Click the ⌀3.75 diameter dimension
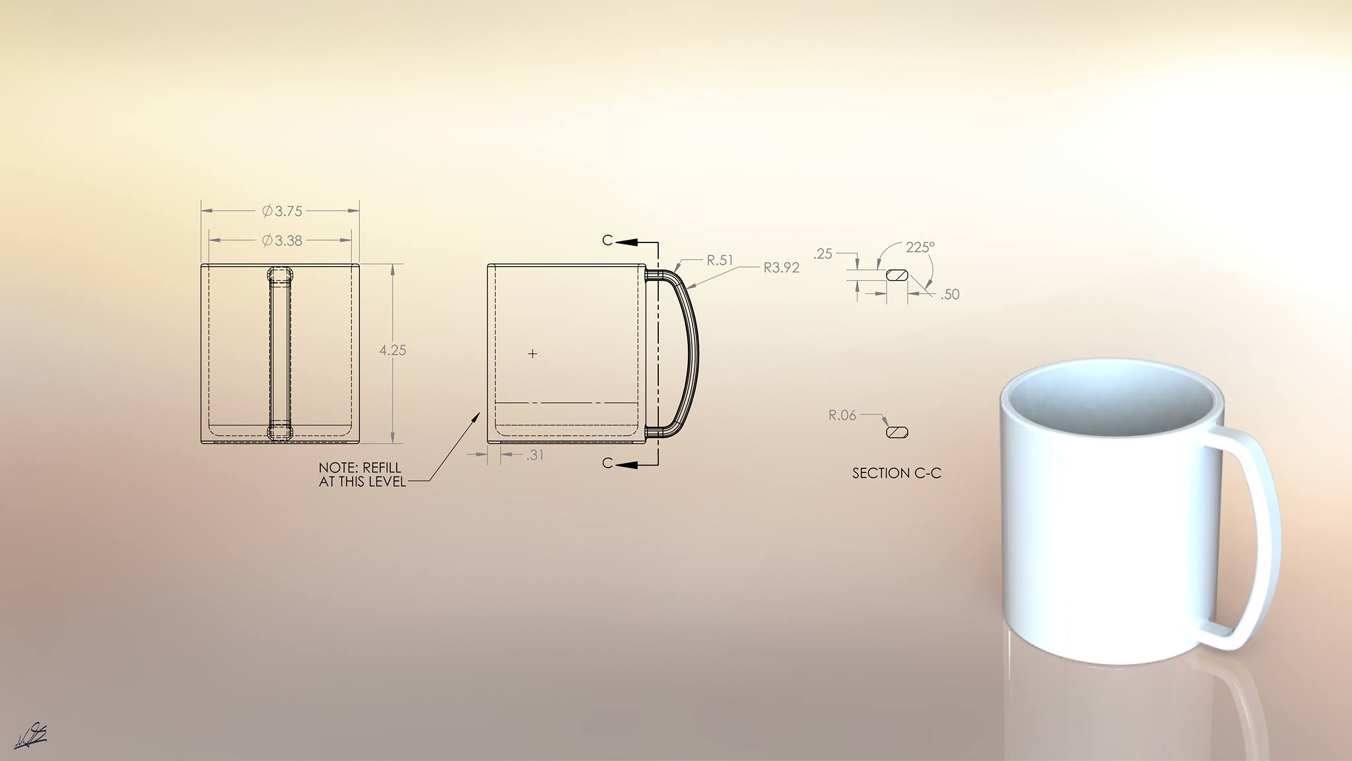282,211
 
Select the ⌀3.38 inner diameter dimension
282,240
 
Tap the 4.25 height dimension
393,351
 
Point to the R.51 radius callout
720,260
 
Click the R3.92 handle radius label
781,268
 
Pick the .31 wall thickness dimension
535,455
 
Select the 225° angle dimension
920,247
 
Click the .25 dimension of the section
823,254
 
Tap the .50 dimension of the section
949,295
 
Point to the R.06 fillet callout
842,416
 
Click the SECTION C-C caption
896,473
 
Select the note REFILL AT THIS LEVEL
362,475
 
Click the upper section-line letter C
607,240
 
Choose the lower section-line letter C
607,464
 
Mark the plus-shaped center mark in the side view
533,354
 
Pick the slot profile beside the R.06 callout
896,432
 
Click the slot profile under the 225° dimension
897,274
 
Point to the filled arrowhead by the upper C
628,242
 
